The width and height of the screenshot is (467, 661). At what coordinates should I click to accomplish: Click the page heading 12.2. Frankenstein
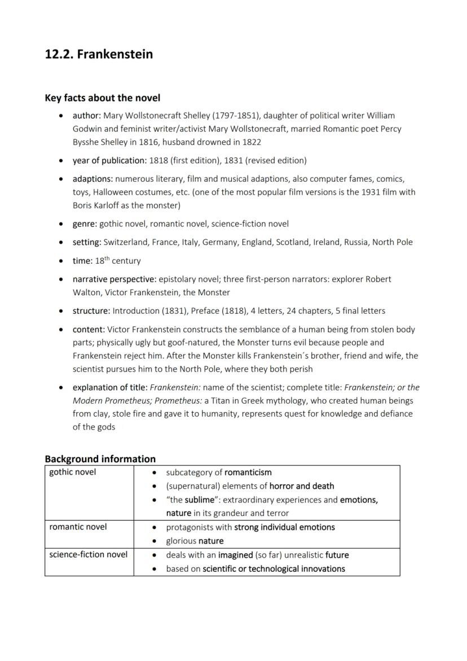point(99,55)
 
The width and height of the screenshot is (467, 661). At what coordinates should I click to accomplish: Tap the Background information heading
point(100,459)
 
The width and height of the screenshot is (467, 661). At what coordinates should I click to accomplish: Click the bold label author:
point(87,115)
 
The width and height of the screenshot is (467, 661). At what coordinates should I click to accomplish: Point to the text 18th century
point(118,261)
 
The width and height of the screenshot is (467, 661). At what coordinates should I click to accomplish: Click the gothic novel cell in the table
point(73,472)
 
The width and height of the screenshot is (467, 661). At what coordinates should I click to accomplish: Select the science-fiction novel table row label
point(88,554)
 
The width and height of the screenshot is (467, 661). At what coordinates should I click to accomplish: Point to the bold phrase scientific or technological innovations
point(274,568)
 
